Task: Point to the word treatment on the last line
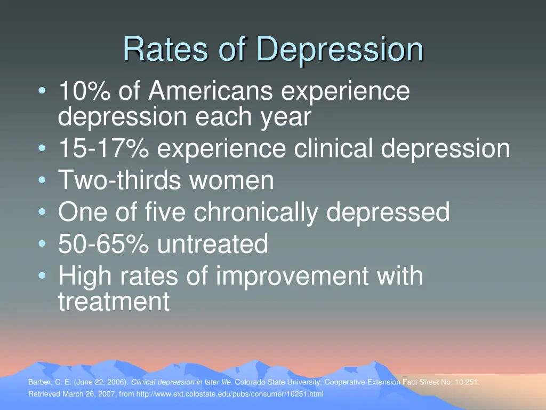tap(114, 302)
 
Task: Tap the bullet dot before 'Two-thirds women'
tap(42, 180)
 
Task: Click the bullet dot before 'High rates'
tap(42, 277)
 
